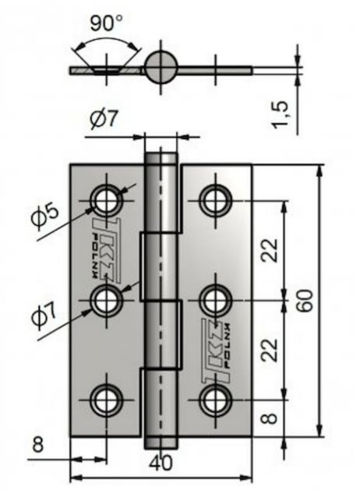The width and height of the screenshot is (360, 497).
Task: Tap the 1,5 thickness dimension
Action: (281, 115)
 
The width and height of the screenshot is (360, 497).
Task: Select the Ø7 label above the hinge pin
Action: (104, 119)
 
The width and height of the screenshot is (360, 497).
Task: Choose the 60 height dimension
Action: (305, 301)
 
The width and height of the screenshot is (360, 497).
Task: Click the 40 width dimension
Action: (161, 463)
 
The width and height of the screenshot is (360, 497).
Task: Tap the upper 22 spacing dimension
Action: (270, 250)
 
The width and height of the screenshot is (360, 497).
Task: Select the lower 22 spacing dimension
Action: (270, 350)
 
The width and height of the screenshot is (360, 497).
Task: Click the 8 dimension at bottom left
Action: (37, 444)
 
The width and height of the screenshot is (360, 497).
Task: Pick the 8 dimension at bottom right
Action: (270, 418)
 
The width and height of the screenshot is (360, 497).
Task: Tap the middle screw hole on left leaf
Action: (107, 300)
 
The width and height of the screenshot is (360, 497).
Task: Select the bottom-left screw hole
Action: (107, 400)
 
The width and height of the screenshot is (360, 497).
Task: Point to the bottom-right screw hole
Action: (216, 400)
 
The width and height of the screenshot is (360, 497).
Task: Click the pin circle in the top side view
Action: (161, 67)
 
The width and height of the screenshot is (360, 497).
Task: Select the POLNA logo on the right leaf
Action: (216, 351)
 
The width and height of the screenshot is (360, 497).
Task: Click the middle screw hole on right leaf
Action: (216, 300)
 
